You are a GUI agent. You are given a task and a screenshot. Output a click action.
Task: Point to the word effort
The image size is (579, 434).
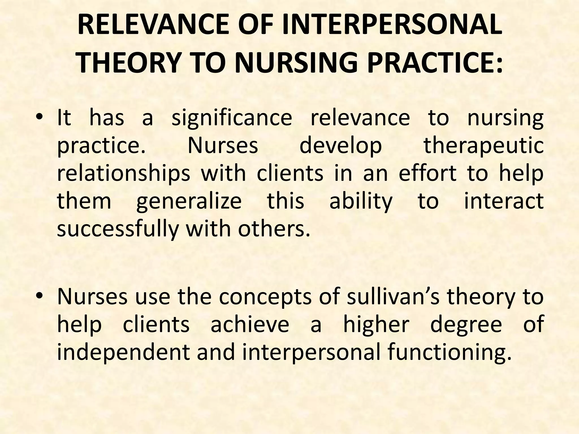pos(427,173)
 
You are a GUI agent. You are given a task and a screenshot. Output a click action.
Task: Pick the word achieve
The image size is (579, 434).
pos(250,324)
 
